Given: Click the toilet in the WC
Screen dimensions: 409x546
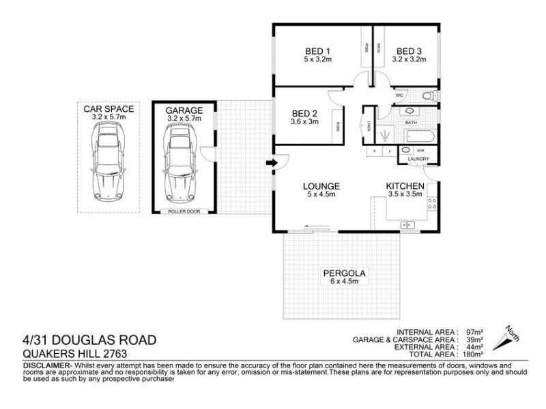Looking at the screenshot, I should pos(429,95).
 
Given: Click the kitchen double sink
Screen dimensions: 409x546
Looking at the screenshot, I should pos(407,224).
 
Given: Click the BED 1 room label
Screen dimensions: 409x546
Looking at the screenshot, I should pos(317,51).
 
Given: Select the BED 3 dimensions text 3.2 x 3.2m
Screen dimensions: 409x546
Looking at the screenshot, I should pos(409,60).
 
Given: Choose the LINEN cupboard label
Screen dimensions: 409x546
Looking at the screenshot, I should pos(369,125).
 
